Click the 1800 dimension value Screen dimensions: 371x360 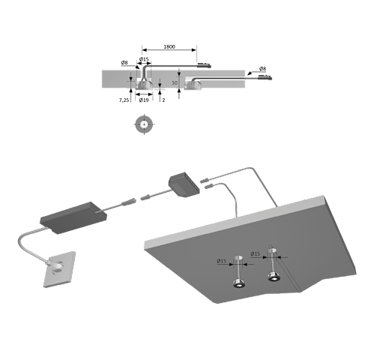click(x=169, y=46)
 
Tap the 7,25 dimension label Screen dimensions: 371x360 click(x=124, y=100)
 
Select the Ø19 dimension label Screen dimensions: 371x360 click(x=144, y=100)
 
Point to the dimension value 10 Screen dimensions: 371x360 click(x=175, y=82)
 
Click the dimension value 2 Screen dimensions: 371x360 click(x=163, y=100)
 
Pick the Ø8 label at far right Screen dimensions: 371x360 click(x=262, y=68)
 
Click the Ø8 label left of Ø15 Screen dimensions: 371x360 click(x=124, y=62)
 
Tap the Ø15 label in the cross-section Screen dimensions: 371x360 click(x=144, y=59)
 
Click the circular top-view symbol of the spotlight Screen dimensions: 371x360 click(x=144, y=124)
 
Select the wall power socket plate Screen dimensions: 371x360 click(x=60, y=269)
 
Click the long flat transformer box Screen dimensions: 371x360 click(x=73, y=217)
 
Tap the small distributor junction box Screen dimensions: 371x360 click(x=184, y=184)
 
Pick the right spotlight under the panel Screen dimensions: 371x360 click(x=274, y=276)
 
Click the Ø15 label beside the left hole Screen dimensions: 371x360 click(x=222, y=261)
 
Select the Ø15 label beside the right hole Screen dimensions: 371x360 click(x=256, y=254)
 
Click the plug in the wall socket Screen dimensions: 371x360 click(x=56, y=265)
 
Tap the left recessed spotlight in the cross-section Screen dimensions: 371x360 click(x=144, y=84)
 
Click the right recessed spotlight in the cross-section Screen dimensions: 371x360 click(x=193, y=85)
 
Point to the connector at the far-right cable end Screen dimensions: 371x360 click(x=265, y=77)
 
